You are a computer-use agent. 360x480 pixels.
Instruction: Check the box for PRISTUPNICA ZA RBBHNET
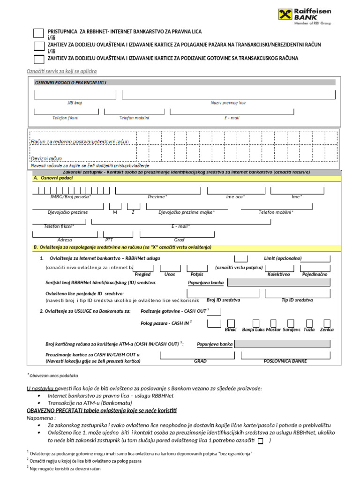pyautogui.click(x=39, y=32)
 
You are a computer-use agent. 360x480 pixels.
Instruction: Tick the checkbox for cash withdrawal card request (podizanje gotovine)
pyautogui.click(x=39, y=59)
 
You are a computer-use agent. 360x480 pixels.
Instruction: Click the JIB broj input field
pyautogui.click(x=74, y=95)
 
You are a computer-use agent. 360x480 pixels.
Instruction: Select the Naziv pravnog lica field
pyautogui.click(x=228, y=95)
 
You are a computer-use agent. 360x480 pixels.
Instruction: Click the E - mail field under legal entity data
pyautogui.click(x=232, y=111)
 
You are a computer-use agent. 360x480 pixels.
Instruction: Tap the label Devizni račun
pyautogui.click(x=46, y=158)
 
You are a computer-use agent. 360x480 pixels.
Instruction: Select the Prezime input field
pyautogui.click(x=157, y=190)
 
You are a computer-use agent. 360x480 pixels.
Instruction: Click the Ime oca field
pyautogui.click(x=235, y=190)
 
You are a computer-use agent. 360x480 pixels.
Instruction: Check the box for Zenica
pyautogui.click(x=327, y=323)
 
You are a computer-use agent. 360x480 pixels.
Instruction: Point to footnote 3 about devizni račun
pyautogui.click(x=65, y=469)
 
